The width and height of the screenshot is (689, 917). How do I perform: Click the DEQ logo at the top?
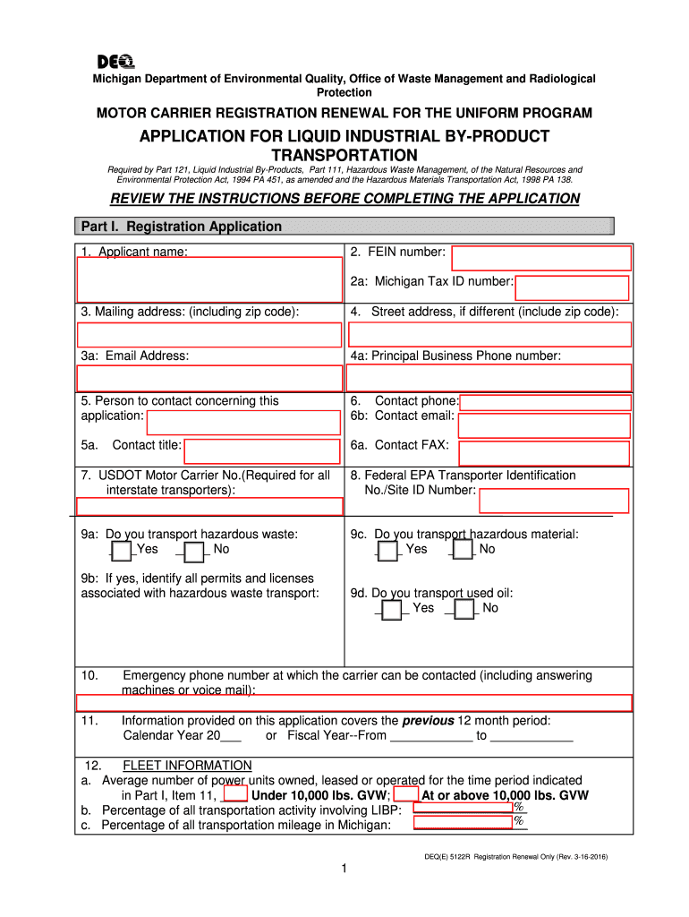[x=115, y=61]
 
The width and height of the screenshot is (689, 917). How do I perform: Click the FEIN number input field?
[x=540, y=258]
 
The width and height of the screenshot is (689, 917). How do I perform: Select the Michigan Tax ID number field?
[x=573, y=287]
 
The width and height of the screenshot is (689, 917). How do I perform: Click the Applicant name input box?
[x=209, y=279]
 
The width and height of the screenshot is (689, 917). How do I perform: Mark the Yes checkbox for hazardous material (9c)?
[x=387, y=551]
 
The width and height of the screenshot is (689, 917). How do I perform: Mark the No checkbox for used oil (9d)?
[x=464, y=610]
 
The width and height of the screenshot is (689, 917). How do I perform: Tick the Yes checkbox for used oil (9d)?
[x=391, y=610]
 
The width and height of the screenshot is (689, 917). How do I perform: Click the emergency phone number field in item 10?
[x=354, y=702]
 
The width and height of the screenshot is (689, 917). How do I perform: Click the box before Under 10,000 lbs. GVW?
[x=235, y=794]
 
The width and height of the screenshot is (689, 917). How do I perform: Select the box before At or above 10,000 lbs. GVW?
[x=405, y=794]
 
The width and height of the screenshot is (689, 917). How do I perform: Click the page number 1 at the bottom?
[x=344, y=870]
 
